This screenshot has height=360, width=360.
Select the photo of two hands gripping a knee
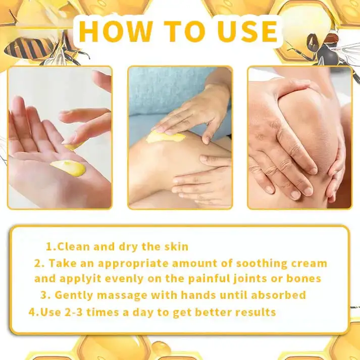click(x=299, y=137)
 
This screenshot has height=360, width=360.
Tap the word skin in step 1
click(x=176, y=247)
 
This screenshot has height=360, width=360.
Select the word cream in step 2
click(x=309, y=264)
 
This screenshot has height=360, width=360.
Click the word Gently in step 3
click(x=73, y=295)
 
